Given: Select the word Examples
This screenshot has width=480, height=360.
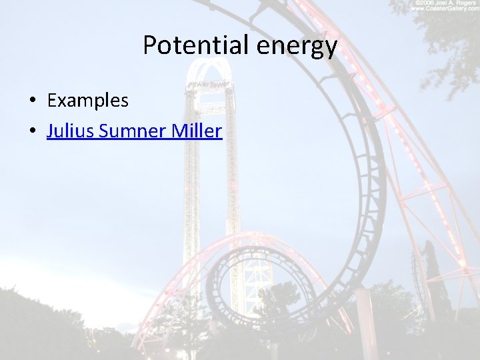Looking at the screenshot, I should pos(87,101).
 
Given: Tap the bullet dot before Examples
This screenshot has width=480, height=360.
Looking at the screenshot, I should pos(32,101).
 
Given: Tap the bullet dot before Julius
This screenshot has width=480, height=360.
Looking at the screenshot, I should pos(32,131).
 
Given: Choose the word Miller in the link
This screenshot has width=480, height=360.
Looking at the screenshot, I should pos(197,131).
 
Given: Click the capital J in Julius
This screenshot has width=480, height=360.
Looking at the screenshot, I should pos(51,131).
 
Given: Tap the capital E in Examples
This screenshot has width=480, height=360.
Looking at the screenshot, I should pos(52,101).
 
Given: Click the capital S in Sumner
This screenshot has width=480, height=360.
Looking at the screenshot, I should pos(103,131).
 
